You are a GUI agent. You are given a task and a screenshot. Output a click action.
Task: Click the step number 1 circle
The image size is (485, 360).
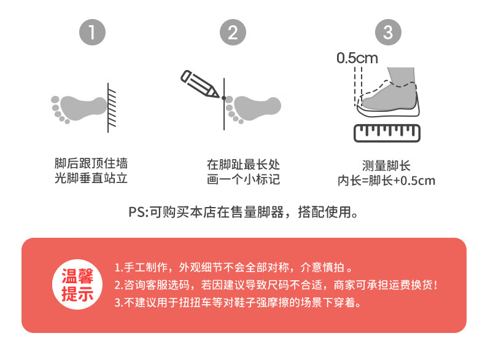pos(92,32)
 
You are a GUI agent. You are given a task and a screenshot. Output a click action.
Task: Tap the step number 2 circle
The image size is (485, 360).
pos(233,32)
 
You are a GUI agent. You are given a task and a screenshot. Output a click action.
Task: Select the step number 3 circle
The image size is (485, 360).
pos(388,32)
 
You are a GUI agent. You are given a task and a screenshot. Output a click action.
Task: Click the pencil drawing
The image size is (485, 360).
pos(200,84)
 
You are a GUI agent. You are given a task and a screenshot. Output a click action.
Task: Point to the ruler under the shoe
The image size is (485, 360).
pos(387,133)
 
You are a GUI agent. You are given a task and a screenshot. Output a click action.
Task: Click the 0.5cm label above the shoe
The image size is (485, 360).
pos(357,58)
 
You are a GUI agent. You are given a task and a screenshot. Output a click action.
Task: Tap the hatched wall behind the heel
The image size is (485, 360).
pos(112,108)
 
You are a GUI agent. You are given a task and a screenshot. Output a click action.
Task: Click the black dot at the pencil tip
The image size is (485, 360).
pos(224,98)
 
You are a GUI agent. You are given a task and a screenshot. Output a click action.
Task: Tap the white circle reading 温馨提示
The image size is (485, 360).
pos(77,284)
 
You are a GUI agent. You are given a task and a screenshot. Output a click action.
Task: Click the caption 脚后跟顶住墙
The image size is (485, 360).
pos(91,163)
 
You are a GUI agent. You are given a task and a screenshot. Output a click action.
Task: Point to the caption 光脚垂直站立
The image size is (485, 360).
pos(91,178)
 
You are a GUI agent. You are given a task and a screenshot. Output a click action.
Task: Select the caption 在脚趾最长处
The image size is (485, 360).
pos(244,165)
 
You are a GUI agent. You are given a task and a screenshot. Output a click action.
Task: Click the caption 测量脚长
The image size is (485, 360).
pos(386,166)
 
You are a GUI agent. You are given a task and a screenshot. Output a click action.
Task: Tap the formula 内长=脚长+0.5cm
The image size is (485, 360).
pos(386,181)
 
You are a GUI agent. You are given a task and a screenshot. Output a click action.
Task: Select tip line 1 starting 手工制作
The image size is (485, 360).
pos(233,267)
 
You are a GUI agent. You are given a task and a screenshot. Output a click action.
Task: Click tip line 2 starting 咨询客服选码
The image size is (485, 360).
pos(276,285)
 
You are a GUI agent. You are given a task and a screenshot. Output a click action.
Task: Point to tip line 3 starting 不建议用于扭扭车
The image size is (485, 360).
pos(238,302)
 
